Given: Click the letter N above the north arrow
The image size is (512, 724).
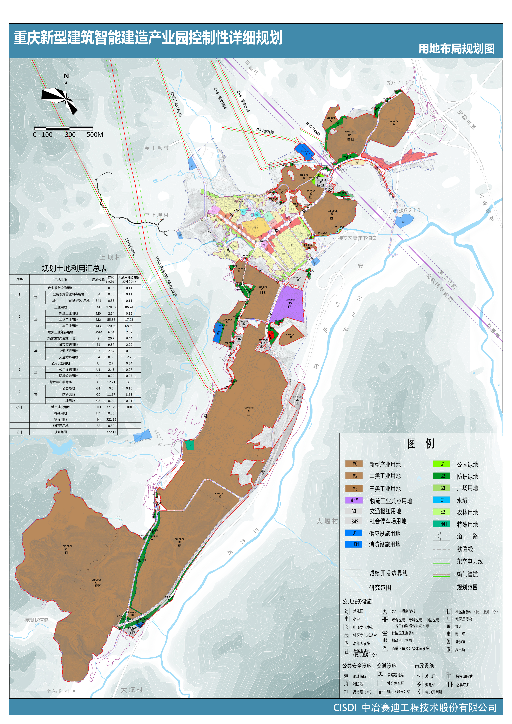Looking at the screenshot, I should pos(66,76).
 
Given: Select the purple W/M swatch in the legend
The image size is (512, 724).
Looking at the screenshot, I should pos(354,500).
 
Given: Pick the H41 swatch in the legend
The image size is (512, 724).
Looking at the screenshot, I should pos(443,524).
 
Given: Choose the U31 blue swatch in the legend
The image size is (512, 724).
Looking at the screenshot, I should pos(354,544).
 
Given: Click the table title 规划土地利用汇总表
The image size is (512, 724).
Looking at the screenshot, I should pos(74,268).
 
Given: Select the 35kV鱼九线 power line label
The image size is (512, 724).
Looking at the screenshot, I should pos(265,131).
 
